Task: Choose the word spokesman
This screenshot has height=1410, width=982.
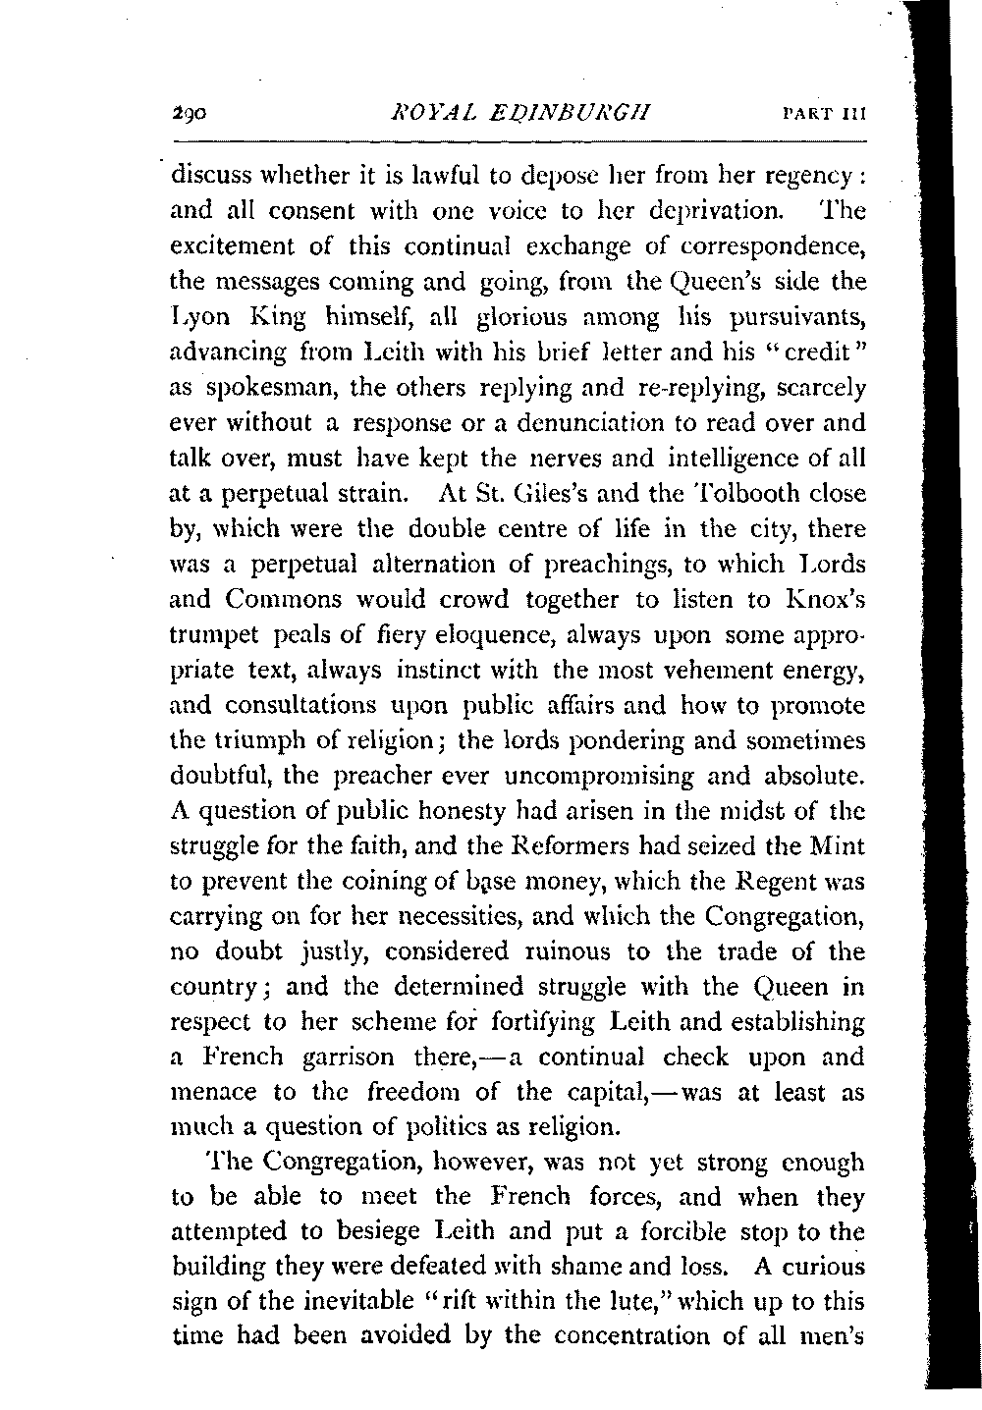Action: (264, 389)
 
